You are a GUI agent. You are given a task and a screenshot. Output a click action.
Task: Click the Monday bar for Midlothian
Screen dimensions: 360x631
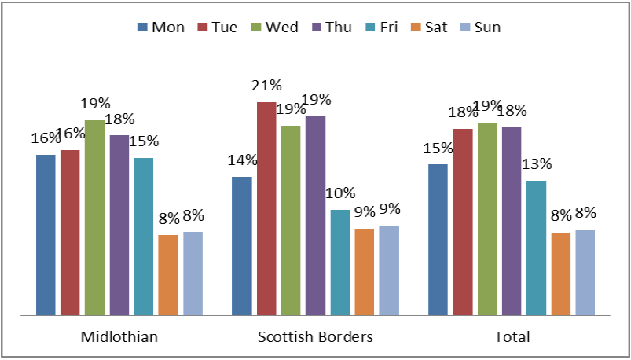pyautogui.click(x=46, y=235)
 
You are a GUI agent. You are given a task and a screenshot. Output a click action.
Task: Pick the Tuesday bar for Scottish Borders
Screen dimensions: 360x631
pyautogui.click(x=266, y=208)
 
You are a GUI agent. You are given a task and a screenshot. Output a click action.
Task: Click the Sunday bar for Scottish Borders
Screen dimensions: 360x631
pyautogui.click(x=389, y=270)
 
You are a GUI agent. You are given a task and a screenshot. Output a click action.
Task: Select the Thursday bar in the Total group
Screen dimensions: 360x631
pyautogui.click(x=512, y=221)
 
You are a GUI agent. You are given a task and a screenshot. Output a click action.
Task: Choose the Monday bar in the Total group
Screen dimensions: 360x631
pyautogui.click(x=438, y=240)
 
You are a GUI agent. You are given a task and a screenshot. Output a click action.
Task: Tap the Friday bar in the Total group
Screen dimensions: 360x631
pyautogui.click(x=536, y=248)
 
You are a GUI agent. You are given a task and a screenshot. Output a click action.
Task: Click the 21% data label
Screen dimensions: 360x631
pyautogui.click(x=266, y=85)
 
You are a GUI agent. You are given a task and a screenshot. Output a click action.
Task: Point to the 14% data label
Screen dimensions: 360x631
pyautogui.click(x=242, y=160)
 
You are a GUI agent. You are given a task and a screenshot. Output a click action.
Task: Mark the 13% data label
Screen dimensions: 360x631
pyautogui.click(x=536, y=164)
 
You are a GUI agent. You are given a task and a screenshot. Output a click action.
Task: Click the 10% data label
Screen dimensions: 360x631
pyautogui.click(x=340, y=193)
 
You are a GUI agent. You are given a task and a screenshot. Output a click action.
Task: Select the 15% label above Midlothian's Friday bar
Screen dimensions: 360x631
pyautogui.click(x=144, y=141)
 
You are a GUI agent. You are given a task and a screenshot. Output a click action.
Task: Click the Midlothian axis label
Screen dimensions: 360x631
pyautogui.click(x=119, y=337)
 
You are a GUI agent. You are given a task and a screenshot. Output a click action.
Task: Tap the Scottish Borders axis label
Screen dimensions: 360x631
pyautogui.click(x=315, y=337)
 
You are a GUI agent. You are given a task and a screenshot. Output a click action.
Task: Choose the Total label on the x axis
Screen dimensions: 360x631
pyautogui.click(x=512, y=337)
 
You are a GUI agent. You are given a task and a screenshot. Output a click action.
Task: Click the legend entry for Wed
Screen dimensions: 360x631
pyautogui.click(x=273, y=28)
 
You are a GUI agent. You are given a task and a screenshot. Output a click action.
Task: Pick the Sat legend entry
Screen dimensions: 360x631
pyautogui.click(x=427, y=28)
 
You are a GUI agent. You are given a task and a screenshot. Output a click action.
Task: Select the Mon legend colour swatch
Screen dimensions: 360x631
pyautogui.click(x=142, y=28)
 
